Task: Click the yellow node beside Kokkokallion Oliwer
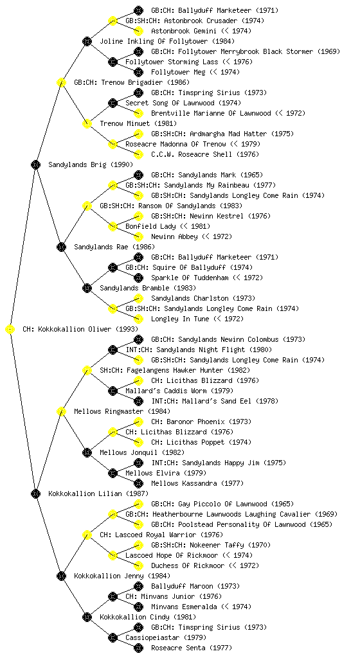point(10,329)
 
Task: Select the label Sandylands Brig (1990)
point(91,164)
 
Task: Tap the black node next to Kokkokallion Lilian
point(35,493)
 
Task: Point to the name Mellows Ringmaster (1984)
point(122,411)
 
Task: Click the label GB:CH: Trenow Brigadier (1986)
point(132,82)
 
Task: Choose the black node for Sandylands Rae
point(61,247)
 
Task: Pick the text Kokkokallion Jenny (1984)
point(122,576)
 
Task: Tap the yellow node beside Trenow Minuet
point(87,123)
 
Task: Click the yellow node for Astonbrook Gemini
point(138,31)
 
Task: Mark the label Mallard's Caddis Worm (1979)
point(174,391)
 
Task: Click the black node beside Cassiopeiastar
point(113,637)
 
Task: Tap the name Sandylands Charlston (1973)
point(203,298)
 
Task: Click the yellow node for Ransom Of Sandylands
point(87,206)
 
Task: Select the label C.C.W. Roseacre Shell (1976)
point(205,154)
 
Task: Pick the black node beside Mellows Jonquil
point(87,452)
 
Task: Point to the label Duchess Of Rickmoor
point(188,565)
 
